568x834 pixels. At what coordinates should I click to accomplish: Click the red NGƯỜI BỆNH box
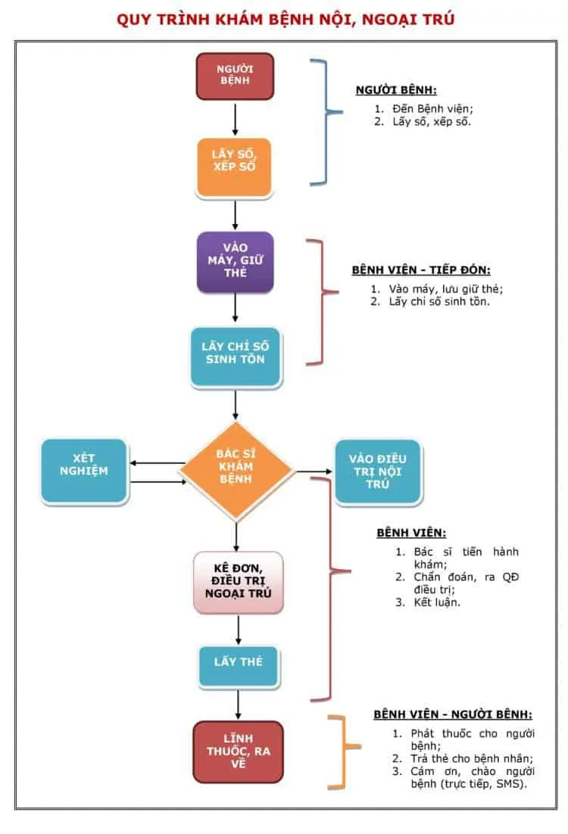pyautogui.click(x=235, y=76)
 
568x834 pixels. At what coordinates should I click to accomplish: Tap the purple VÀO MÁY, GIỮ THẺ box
pyautogui.click(x=235, y=262)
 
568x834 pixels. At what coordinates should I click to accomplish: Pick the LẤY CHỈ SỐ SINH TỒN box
pyautogui.click(x=235, y=353)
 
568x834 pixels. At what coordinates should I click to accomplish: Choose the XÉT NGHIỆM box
pyautogui.click(x=85, y=471)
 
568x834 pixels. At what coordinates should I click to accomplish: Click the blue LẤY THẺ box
pyautogui.click(x=238, y=662)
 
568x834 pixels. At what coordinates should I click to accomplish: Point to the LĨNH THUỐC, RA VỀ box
pyautogui.click(x=238, y=751)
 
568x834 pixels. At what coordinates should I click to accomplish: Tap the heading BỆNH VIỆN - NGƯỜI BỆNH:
pyautogui.click(x=452, y=714)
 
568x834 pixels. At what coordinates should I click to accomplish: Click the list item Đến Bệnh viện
pyautogui.click(x=428, y=108)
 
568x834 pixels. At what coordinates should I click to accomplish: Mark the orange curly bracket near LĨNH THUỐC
pyautogui.click(x=343, y=750)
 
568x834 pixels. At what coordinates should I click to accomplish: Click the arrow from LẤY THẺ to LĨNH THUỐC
pyautogui.click(x=238, y=702)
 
